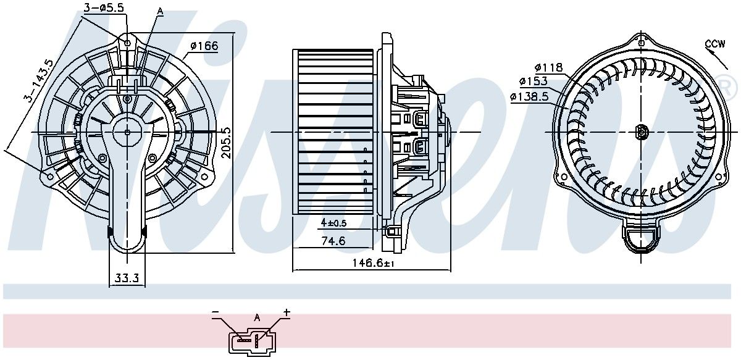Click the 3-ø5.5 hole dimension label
(104, 7)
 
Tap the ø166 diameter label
(205, 46)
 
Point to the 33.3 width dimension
(127, 278)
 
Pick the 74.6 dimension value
(333, 241)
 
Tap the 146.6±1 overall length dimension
(374, 263)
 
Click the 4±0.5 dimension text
(333, 223)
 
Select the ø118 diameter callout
(549, 68)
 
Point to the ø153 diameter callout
(534, 81)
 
